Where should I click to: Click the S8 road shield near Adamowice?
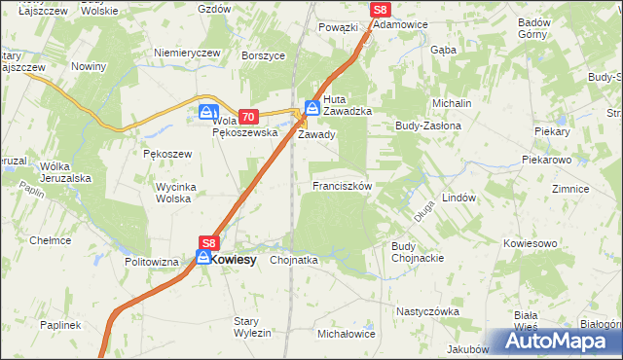(381, 9)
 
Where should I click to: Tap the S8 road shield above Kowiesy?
(209, 242)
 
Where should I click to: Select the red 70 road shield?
(246, 116)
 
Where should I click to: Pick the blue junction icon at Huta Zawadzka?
(312, 108)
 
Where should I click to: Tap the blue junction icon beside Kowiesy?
(203, 258)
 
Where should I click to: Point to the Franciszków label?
(342, 185)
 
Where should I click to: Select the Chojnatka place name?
(294, 261)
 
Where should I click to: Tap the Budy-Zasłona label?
(426, 126)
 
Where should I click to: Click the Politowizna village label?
(152, 263)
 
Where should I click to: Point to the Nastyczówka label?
(426, 311)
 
